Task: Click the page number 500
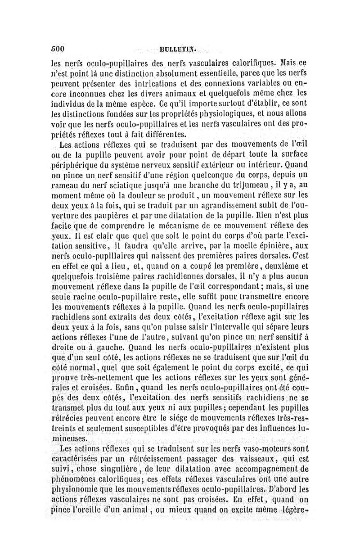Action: tap(58, 49)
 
